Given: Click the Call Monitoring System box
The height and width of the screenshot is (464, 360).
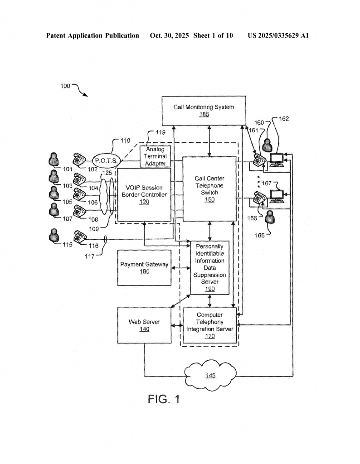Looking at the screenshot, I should coord(204,111).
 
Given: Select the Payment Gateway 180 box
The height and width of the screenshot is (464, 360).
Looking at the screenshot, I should coord(144,267).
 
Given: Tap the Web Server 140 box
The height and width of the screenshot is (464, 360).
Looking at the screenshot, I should coord(144,325).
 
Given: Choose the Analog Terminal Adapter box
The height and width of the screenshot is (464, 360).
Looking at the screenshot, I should coord(156,156).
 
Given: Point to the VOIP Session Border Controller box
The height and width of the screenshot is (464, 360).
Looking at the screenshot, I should coord(144,194).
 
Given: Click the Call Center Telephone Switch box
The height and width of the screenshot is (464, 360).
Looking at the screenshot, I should coord(209,189).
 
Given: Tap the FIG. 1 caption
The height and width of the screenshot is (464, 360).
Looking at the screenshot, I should coord(164,399).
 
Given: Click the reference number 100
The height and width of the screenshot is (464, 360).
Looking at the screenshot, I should coord(65,86).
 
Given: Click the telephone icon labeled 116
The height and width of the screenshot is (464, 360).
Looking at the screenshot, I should coord(80,237).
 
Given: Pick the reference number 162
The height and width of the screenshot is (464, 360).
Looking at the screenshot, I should coord(284,119).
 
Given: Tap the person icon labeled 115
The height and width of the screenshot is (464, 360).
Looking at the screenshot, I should coord(54,236).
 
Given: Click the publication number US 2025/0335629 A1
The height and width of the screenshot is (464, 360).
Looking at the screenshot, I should coord(277,35).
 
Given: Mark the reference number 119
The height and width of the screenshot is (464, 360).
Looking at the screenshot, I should coord(161,133).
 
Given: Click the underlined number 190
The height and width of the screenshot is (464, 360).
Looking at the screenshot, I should coord(209,289).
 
